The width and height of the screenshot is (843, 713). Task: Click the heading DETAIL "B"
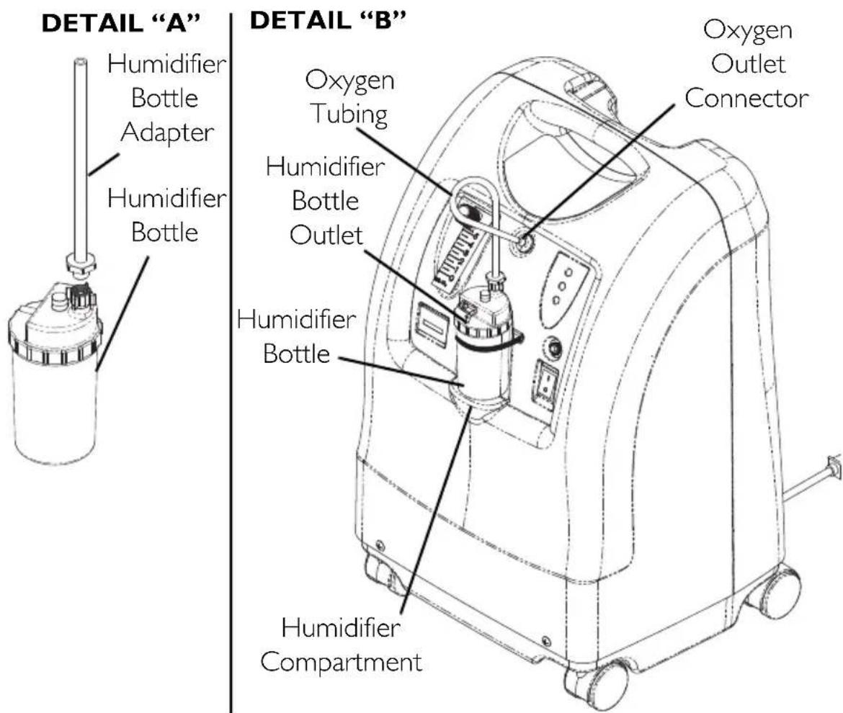327,21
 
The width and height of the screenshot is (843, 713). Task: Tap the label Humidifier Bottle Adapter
166,99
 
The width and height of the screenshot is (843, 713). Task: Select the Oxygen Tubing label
350,98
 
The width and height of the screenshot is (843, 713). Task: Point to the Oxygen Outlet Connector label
746,64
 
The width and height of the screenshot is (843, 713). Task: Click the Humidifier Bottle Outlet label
326,200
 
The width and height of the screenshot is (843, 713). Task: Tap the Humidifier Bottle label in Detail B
296,336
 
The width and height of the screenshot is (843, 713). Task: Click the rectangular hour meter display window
433,324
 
